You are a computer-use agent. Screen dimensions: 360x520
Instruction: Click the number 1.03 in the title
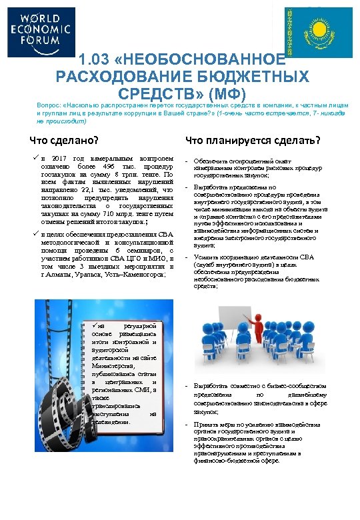click(96, 60)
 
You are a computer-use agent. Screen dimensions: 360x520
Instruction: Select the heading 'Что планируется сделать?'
click(253, 141)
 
